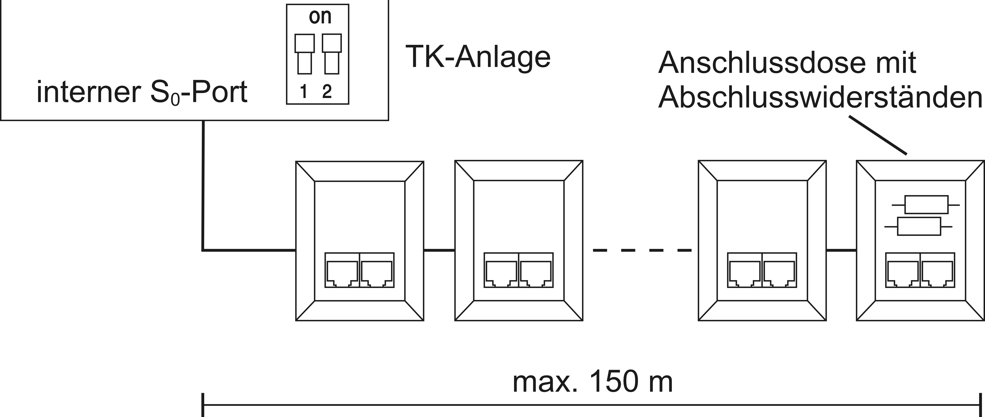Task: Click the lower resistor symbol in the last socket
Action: coord(918,226)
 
